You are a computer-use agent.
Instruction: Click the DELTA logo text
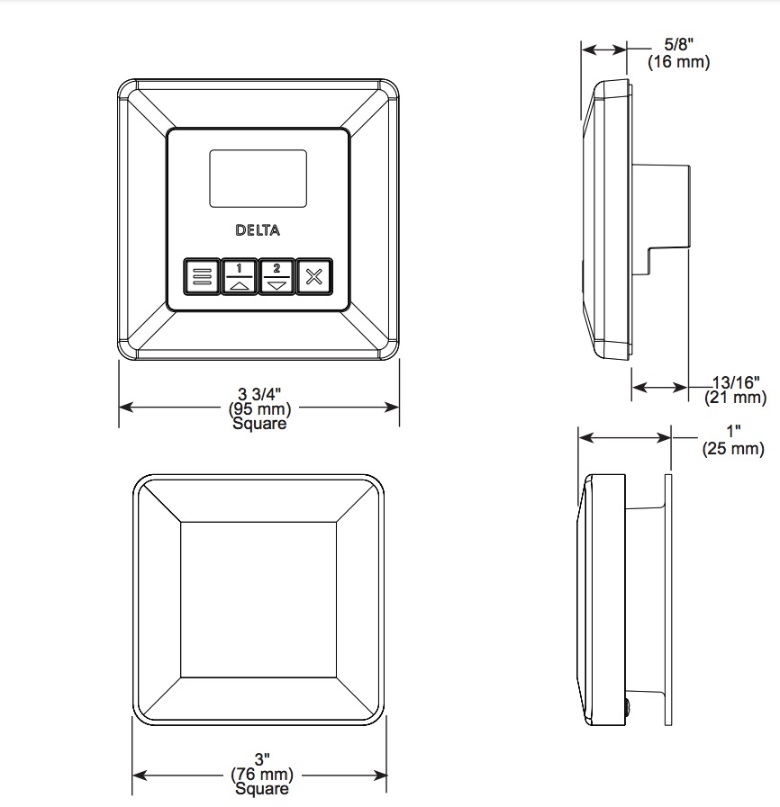click(x=258, y=230)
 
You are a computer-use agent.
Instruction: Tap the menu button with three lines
click(x=202, y=276)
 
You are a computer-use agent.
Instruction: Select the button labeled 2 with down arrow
click(x=277, y=276)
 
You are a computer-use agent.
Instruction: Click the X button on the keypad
click(x=314, y=276)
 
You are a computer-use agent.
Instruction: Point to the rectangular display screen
click(x=258, y=179)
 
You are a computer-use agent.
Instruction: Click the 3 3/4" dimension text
click(x=259, y=394)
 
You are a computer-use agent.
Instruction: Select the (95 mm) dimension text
click(x=259, y=409)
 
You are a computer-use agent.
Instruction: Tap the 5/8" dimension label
click(x=678, y=45)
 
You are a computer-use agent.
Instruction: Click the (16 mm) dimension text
click(x=678, y=62)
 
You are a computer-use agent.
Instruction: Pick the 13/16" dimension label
click(x=736, y=382)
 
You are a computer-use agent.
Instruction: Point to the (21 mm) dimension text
click(x=735, y=398)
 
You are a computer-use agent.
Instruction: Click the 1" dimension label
click(x=733, y=431)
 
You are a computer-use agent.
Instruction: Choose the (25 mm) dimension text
click(x=733, y=448)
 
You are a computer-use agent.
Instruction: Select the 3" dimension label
click(x=262, y=759)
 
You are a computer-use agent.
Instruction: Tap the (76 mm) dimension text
click(x=262, y=774)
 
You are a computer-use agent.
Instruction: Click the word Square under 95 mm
click(x=259, y=424)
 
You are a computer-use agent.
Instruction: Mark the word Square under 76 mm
click(x=262, y=788)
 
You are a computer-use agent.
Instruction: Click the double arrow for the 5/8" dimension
click(x=603, y=49)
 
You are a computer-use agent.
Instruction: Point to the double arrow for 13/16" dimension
click(x=660, y=387)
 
